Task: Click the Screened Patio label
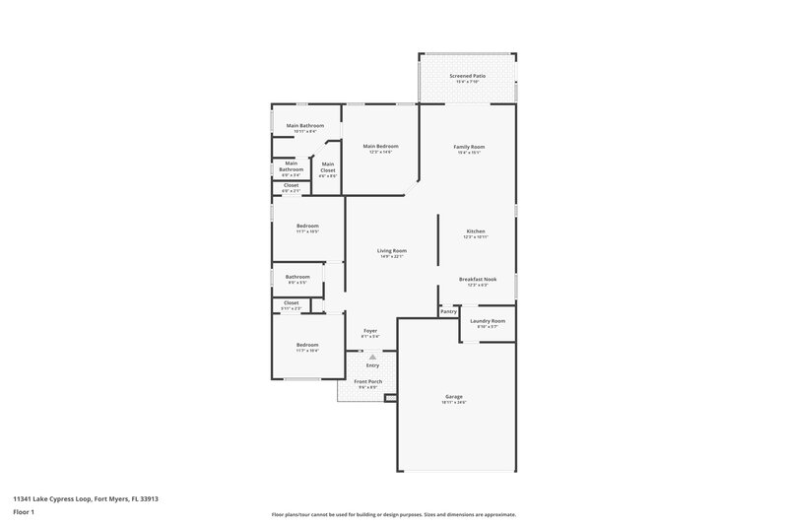pyautogui.click(x=468, y=75)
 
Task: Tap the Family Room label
pyautogui.click(x=469, y=147)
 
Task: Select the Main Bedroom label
pyautogui.click(x=380, y=147)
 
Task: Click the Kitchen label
pyautogui.click(x=476, y=231)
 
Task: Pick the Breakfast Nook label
pyautogui.click(x=478, y=279)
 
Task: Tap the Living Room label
pyautogui.click(x=392, y=250)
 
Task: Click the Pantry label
pyautogui.click(x=448, y=311)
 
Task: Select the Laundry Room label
pyautogui.click(x=488, y=321)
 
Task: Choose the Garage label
pyautogui.click(x=454, y=396)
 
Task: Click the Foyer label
pyautogui.click(x=370, y=331)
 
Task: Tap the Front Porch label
pyautogui.click(x=367, y=382)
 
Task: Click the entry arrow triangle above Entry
pyautogui.click(x=371, y=358)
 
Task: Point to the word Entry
pyautogui.click(x=371, y=365)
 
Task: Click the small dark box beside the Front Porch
pyautogui.click(x=390, y=398)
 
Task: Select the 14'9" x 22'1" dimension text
pyautogui.click(x=392, y=256)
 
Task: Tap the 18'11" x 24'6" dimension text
pyautogui.click(x=454, y=402)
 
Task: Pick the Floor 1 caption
pyautogui.click(x=23, y=513)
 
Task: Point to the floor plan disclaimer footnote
pyautogui.click(x=393, y=514)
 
